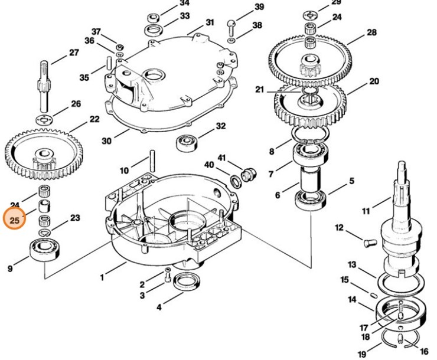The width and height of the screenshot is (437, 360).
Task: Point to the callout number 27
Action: point(73,53)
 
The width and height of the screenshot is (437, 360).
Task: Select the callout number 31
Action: point(210,22)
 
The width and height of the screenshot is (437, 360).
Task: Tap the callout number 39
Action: point(259,8)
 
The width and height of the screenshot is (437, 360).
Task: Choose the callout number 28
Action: point(371,32)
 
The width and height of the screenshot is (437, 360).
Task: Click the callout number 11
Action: point(366,211)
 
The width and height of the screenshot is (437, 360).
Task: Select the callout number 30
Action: point(106,141)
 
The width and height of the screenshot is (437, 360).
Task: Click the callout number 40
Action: point(209,165)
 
